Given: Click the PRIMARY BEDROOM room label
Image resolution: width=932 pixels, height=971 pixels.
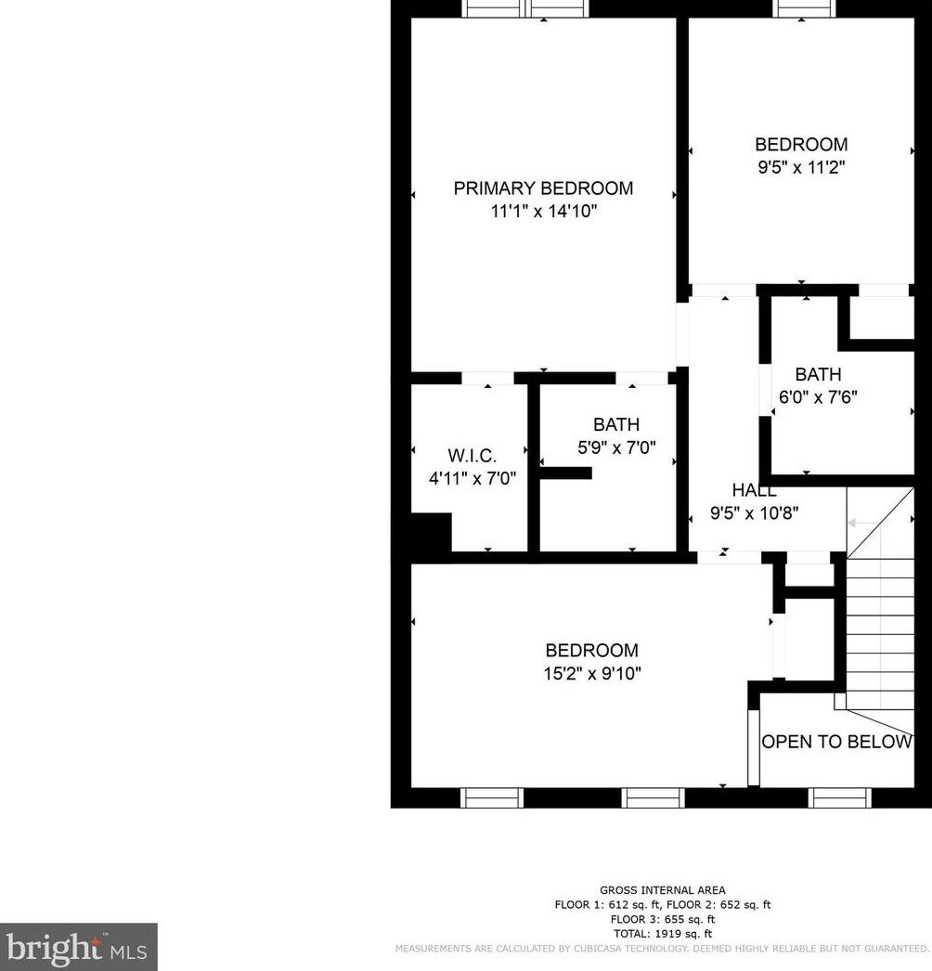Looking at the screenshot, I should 543,188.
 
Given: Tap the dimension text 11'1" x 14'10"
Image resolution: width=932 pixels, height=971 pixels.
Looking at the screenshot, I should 543,212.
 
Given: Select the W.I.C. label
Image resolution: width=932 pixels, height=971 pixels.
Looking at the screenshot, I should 472,456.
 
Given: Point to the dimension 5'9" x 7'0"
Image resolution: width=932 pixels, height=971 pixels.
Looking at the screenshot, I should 616,447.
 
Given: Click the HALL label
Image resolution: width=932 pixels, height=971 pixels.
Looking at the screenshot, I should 754,490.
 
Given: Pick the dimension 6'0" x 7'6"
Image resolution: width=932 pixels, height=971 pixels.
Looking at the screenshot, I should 818,396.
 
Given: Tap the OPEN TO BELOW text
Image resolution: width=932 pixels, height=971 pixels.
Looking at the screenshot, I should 836,742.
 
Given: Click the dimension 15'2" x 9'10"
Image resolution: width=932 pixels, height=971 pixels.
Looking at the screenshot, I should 591,674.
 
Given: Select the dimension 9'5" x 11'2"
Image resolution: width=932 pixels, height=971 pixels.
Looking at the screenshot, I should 800,168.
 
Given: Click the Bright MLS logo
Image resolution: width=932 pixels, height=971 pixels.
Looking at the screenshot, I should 79,947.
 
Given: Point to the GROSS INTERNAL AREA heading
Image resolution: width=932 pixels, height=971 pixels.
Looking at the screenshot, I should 663,890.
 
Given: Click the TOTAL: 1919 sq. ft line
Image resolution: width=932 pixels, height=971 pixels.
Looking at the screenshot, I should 663,934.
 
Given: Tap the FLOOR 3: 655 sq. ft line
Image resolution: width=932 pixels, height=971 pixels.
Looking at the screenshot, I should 663,919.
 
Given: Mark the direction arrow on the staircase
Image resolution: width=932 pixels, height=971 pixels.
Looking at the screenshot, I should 860,524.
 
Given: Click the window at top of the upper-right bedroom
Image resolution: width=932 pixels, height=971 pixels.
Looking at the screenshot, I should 805,8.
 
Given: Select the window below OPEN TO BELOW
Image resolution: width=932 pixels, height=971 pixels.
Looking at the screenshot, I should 839,797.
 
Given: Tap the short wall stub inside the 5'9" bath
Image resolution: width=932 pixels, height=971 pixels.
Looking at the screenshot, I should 565,473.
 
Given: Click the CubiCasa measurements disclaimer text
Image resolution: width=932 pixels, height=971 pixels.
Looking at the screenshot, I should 662,949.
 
